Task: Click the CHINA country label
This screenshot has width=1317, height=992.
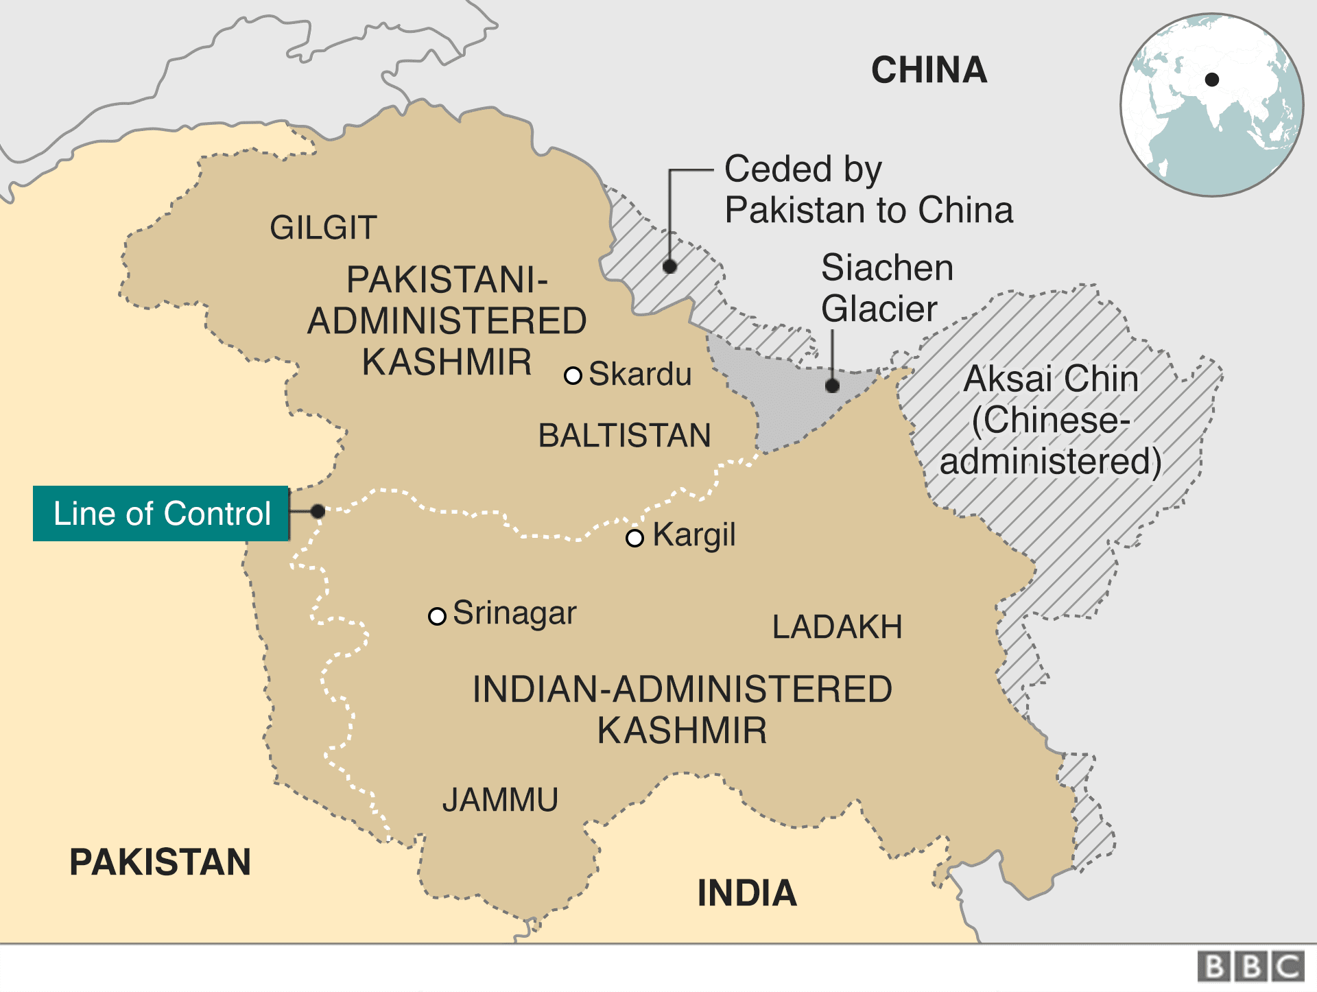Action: tap(929, 70)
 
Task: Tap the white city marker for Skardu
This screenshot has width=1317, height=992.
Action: tap(573, 375)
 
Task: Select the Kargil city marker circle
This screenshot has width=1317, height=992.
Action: tap(635, 538)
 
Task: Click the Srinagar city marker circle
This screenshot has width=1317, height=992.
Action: tap(437, 616)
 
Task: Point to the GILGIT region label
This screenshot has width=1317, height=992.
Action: tap(323, 228)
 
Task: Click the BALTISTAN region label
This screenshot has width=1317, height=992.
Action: tap(624, 436)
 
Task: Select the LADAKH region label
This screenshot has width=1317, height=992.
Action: tap(837, 627)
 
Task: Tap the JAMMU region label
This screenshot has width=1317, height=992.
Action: tap(500, 800)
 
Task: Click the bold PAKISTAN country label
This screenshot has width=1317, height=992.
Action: tap(160, 862)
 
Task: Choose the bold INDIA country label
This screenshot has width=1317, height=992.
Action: tap(747, 893)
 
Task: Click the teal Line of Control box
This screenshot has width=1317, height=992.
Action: tap(161, 514)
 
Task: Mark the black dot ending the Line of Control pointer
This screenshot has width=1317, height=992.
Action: tap(318, 511)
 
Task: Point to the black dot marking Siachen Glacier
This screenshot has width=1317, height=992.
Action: tap(832, 386)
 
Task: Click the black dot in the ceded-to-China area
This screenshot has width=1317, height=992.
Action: tap(670, 266)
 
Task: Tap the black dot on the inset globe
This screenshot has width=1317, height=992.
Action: tap(1212, 80)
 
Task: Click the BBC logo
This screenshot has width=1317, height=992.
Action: tap(1251, 967)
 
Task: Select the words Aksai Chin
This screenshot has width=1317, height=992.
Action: tap(1050, 379)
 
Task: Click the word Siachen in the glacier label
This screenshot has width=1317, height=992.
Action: tap(887, 268)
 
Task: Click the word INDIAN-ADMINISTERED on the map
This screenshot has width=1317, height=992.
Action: tap(682, 689)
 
